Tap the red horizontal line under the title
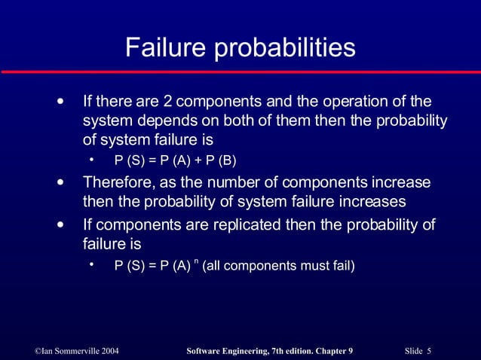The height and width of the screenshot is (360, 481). coord(240,72)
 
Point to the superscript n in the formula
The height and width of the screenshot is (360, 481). coord(196,261)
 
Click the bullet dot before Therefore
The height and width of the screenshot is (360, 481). coord(60,183)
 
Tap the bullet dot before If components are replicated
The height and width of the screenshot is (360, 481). coord(60,225)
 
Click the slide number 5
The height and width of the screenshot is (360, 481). coord(428,351)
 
